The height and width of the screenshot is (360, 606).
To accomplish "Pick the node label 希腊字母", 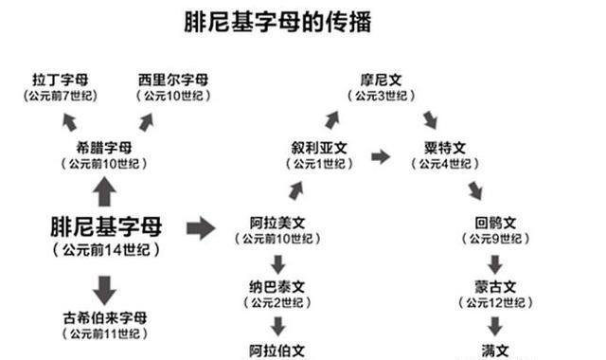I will click(x=104, y=148).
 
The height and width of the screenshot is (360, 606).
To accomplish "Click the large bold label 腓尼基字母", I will click(x=106, y=226).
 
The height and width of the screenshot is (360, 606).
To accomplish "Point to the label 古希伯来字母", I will click(x=106, y=316).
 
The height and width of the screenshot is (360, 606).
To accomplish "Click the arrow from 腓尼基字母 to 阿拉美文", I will click(x=201, y=227).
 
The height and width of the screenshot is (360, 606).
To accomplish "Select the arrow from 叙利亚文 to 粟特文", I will click(x=380, y=156).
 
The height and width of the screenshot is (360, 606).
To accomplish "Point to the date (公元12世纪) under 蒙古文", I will click(x=494, y=302).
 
